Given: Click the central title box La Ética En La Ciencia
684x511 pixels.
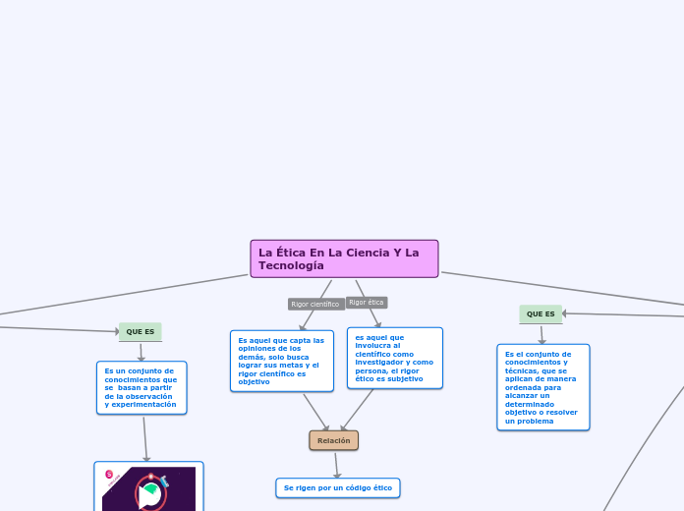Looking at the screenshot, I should click(x=344, y=258).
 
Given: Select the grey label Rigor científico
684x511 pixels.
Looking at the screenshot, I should click(x=315, y=305).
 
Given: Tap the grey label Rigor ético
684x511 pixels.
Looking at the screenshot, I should click(x=367, y=303).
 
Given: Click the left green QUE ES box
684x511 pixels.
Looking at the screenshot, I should click(x=140, y=332).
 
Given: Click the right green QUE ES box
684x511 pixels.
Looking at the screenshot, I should click(x=541, y=314).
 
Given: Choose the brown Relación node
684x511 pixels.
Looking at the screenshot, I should click(x=333, y=440).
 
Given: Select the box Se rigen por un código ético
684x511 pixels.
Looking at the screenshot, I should click(x=337, y=488).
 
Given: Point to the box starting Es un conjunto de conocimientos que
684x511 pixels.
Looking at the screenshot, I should click(x=141, y=388).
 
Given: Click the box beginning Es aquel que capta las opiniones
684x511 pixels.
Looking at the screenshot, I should click(x=281, y=361).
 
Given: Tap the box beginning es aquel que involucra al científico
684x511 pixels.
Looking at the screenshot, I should click(x=394, y=358).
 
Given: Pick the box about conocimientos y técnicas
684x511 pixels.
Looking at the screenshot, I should click(x=542, y=387).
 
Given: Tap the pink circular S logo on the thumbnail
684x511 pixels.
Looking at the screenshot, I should click(x=109, y=475).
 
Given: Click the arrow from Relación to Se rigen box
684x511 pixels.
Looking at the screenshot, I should click(x=336, y=465).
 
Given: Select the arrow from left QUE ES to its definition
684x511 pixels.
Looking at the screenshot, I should click(x=141, y=353).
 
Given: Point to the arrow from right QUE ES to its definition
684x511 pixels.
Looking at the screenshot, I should click(x=541, y=335).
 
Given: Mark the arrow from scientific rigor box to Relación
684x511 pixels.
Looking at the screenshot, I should click(x=316, y=412).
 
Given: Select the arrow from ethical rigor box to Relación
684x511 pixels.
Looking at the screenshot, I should click(x=358, y=410).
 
